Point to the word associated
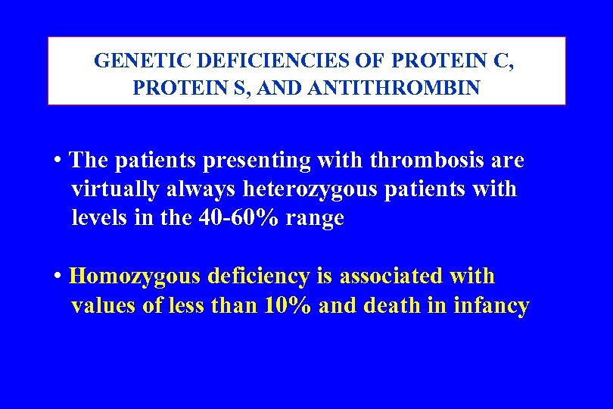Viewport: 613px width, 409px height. coord(390,276)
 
